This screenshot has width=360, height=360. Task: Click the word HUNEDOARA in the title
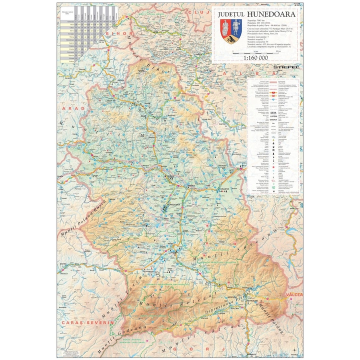tap(270, 14)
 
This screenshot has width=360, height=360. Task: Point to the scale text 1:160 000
tap(256, 58)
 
